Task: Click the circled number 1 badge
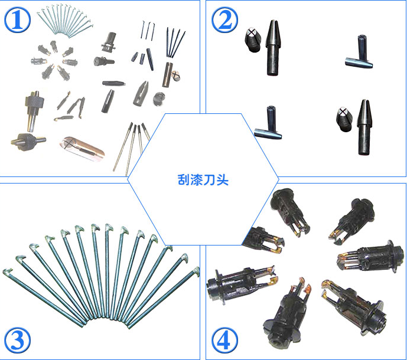pyautogui.click(x=17, y=19)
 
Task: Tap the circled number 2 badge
pyautogui.click(x=225, y=19)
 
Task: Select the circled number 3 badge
pyautogui.click(x=17, y=341)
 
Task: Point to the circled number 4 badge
pyautogui.click(x=225, y=341)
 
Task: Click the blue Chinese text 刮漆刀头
pyautogui.click(x=203, y=180)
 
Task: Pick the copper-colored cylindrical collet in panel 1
pyautogui.click(x=82, y=149)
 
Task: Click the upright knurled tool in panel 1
pyautogui.click(x=34, y=110)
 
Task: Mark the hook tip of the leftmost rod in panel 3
pyautogui.click(x=7, y=271)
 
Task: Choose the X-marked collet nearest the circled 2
pyautogui.click(x=253, y=40)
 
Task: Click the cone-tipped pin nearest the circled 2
pyautogui.click(x=272, y=48)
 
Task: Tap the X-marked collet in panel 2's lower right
pyautogui.click(x=344, y=120)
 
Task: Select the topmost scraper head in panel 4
pyautogui.click(x=289, y=211)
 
